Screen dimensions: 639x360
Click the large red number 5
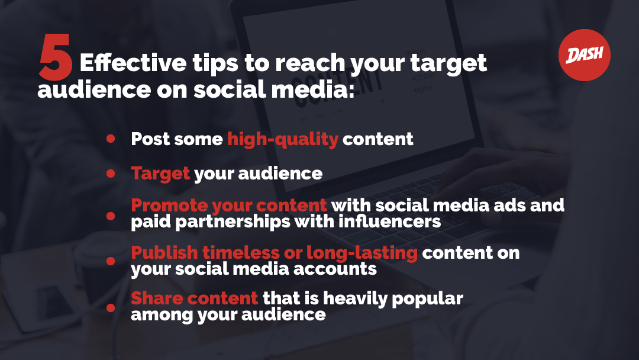(x=56, y=57)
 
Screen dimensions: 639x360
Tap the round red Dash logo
(x=585, y=55)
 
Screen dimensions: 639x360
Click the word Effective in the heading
(x=133, y=63)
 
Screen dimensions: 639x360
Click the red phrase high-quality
(x=283, y=139)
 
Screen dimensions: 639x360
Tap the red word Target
(x=160, y=174)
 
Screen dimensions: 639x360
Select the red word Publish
(x=164, y=253)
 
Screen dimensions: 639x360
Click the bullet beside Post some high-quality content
(x=111, y=139)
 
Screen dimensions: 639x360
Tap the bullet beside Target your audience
(x=111, y=173)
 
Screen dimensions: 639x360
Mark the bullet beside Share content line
(x=111, y=307)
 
